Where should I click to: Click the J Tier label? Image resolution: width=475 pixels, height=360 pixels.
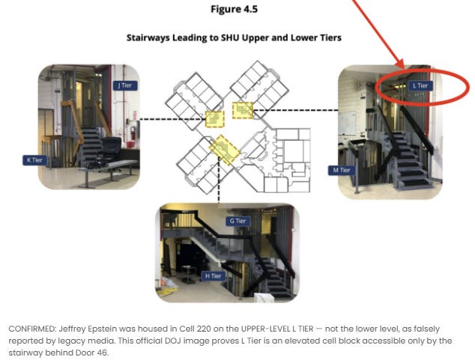(x=125, y=85)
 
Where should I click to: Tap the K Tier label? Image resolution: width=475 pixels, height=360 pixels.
(x=34, y=160)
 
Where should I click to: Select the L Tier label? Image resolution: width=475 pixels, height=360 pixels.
(x=420, y=86)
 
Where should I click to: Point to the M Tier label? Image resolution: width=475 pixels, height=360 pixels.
(x=342, y=171)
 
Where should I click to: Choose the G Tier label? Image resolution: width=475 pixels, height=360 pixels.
(x=237, y=221)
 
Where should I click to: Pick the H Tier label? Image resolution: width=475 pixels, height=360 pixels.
(x=214, y=276)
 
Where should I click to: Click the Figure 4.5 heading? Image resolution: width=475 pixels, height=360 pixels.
(x=235, y=9)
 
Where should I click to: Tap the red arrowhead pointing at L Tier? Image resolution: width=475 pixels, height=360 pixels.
(x=401, y=64)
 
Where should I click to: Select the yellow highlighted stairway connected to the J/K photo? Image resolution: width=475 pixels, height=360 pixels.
(x=215, y=119)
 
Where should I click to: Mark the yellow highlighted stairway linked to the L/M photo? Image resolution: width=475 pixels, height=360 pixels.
(x=243, y=111)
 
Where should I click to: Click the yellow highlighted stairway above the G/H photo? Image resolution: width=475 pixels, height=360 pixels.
(x=225, y=150)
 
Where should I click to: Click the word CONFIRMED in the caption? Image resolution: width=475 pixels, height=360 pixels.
(x=31, y=329)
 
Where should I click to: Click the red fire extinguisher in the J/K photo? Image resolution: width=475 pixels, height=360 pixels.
(x=133, y=133)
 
